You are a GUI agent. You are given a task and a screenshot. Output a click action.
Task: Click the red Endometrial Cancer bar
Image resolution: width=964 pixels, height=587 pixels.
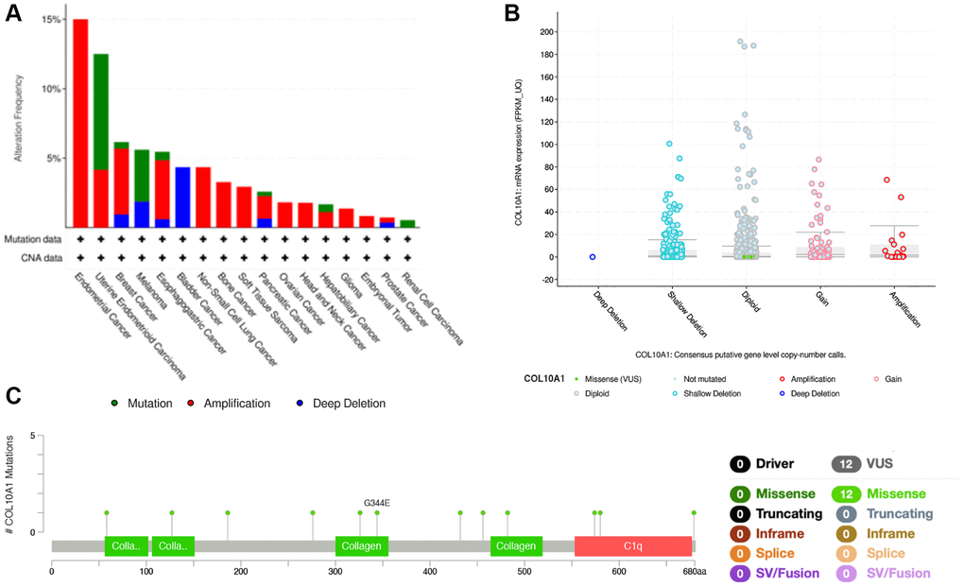pyautogui.click(x=80, y=123)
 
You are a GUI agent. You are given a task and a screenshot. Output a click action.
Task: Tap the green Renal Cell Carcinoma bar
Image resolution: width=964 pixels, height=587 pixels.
pyautogui.click(x=407, y=224)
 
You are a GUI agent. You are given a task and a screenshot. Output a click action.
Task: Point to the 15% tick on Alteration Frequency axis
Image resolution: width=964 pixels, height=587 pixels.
pyautogui.click(x=53, y=20)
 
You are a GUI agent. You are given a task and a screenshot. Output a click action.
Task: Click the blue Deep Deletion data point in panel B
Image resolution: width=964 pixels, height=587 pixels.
pyautogui.click(x=593, y=256)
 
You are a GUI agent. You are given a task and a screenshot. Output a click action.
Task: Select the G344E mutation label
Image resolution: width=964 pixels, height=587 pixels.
pyautogui.click(x=377, y=502)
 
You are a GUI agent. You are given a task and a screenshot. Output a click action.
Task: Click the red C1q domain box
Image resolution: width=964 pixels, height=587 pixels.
pyautogui.click(x=632, y=546)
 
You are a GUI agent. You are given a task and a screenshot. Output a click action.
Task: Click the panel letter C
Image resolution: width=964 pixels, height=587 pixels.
pyautogui.click(x=14, y=396)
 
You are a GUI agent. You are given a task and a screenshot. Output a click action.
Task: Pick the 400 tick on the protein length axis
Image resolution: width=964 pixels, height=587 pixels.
pyautogui.click(x=430, y=571)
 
